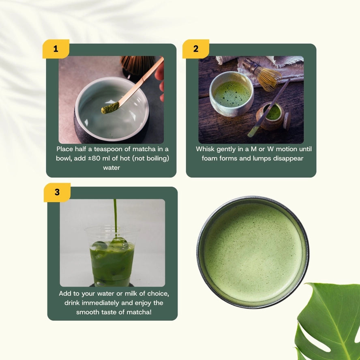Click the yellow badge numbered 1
tap(56, 49)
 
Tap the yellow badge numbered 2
tap(195, 49)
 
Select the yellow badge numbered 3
tap(57, 192)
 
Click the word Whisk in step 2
tap(205, 149)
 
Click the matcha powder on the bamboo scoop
tap(110, 108)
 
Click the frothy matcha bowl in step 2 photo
tap(231, 93)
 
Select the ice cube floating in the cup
tap(119, 243)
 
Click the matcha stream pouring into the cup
tap(115, 215)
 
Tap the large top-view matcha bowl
tap(253, 252)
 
